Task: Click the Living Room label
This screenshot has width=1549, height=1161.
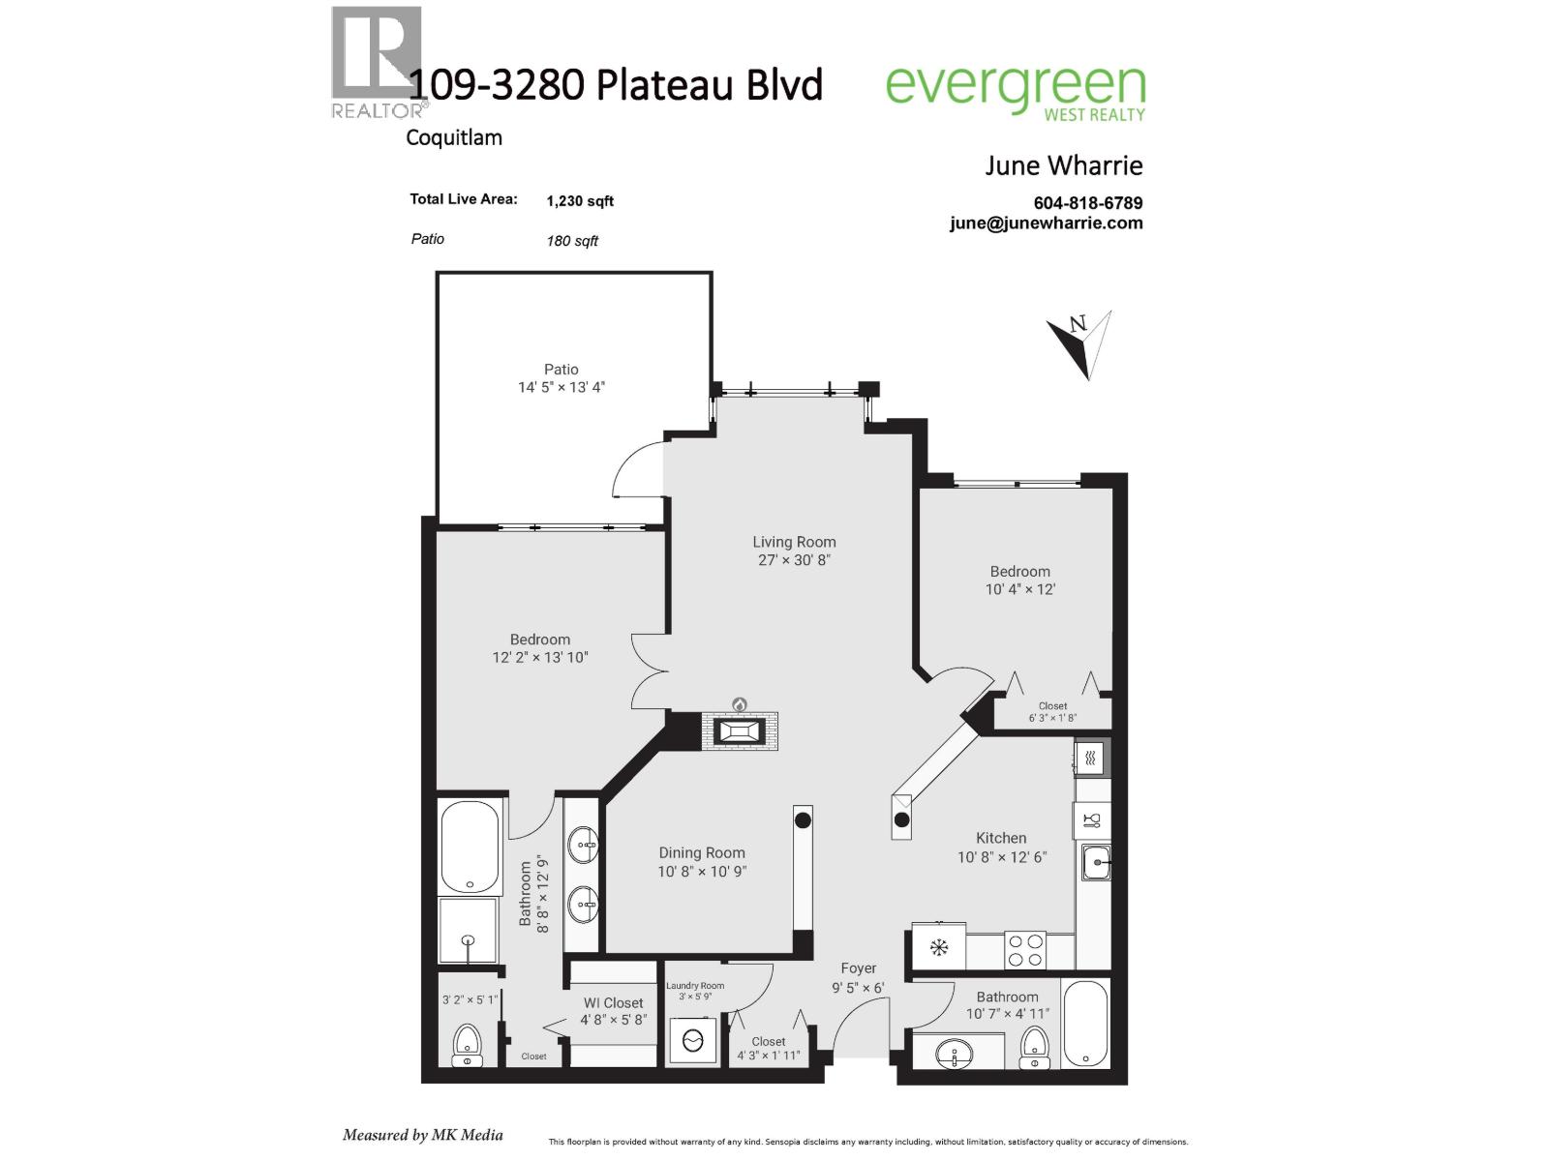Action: click(x=794, y=542)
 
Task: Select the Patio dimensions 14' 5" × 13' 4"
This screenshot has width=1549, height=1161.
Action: click(x=562, y=387)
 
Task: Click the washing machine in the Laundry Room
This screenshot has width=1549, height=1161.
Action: click(x=694, y=1041)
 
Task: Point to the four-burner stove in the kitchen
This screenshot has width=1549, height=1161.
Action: click(x=1024, y=949)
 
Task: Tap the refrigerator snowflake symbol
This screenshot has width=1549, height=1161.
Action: click(x=938, y=947)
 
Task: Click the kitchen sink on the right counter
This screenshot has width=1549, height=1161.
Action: click(x=1095, y=860)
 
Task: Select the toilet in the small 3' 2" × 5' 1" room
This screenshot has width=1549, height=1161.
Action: click(x=468, y=1045)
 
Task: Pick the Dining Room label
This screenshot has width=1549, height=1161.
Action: click(x=702, y=852)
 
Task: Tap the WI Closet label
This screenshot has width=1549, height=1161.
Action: click(x=613, y=1003)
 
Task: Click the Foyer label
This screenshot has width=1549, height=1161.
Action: click(x=858, y=968)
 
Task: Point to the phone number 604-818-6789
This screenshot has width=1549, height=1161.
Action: click(x=1088, y=203)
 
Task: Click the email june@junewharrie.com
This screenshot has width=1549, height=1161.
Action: click(x=1046, y=223)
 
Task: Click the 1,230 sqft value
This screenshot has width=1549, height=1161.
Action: click(x=579, y=201)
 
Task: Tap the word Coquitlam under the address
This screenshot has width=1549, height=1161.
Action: click(x=453, y=137)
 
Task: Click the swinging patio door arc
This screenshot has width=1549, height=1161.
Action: click(x=633, y=466)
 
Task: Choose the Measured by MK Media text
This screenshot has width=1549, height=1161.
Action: click(x=422, y=1135)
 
